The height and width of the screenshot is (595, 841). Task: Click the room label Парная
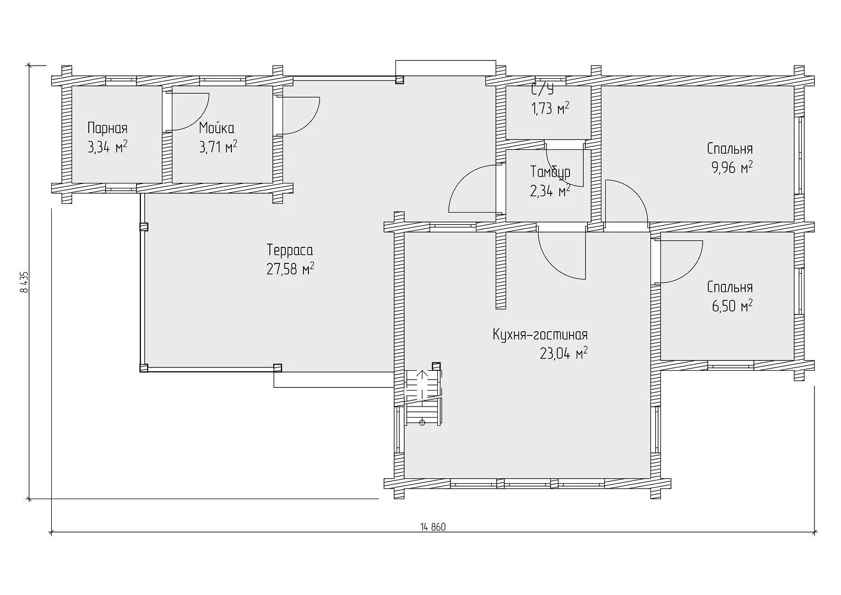107,128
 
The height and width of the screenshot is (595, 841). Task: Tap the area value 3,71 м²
218,147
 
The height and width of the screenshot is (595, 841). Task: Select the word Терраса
290,250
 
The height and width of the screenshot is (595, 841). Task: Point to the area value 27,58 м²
290,269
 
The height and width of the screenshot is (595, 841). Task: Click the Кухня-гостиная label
540,335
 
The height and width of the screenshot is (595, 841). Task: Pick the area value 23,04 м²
564,354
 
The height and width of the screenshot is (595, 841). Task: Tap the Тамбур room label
550,172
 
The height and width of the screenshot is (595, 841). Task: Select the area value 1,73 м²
550,109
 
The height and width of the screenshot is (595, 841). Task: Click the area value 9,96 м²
732,168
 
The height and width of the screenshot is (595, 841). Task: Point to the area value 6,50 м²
732,306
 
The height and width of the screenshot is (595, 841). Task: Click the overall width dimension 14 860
433,527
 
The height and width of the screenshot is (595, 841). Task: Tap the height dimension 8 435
25,282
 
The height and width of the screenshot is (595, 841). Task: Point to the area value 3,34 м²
107,147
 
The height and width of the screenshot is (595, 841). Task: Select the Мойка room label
216,128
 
